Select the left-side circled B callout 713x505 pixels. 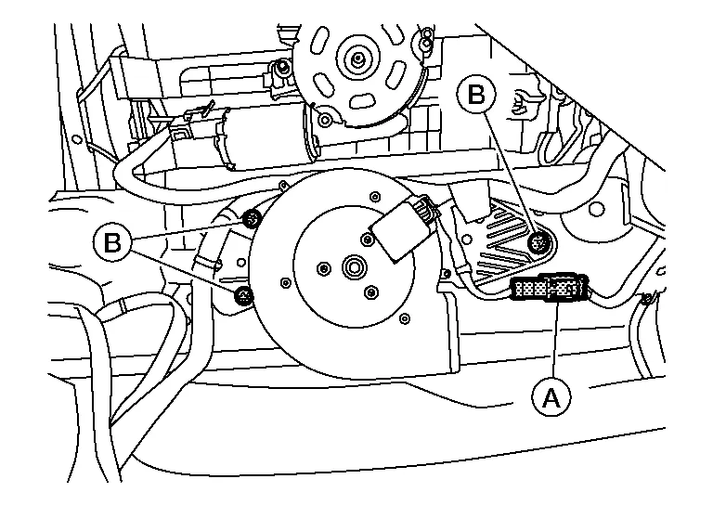click(x=112, y=241)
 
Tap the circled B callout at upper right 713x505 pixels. click(x=476, y=95)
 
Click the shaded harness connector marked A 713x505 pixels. click(x=550, y=287)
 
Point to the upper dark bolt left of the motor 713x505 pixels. click(x=252, y=220)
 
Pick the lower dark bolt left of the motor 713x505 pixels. click(x=244, y=296)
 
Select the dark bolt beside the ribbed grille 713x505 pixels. click(x=539, y=242)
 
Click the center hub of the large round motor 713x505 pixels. click(x=354, y=266)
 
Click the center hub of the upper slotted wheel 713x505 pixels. click(x=358, y=58)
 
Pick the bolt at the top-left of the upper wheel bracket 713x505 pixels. click(x=283, y=67)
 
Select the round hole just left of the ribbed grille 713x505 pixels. click(x=465, y=240)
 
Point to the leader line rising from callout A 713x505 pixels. click(x=555, y=341)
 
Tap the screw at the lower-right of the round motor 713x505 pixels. click(x=404, y=318)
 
